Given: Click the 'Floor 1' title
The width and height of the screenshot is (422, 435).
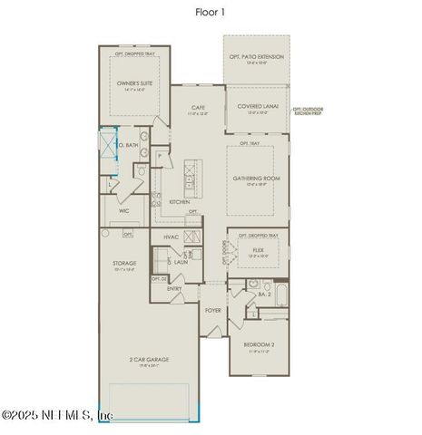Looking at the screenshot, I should (210, 13).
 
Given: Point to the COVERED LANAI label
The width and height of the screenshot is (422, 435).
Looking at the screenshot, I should (256, 105).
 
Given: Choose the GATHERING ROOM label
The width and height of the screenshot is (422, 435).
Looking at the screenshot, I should (257, 180).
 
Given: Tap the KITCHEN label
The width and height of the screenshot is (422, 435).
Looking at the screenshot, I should (179, 201).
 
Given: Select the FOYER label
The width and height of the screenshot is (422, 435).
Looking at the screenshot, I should (213, 310).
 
